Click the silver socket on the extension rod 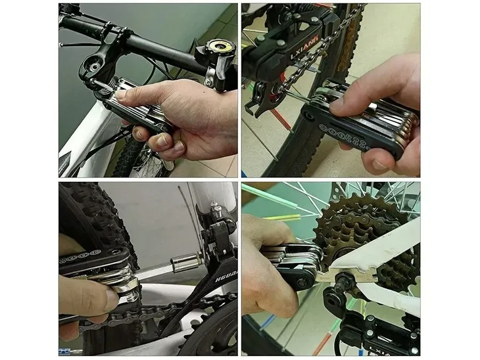[x=185, y=263]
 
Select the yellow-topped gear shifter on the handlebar [x=214, y=49]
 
